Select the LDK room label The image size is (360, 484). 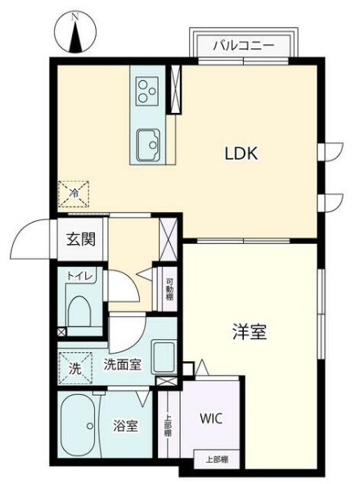242,152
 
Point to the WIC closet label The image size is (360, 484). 210,417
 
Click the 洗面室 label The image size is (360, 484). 121,365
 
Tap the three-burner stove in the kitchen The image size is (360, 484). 148,89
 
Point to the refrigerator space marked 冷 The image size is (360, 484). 74,194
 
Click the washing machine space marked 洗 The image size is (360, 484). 74,369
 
